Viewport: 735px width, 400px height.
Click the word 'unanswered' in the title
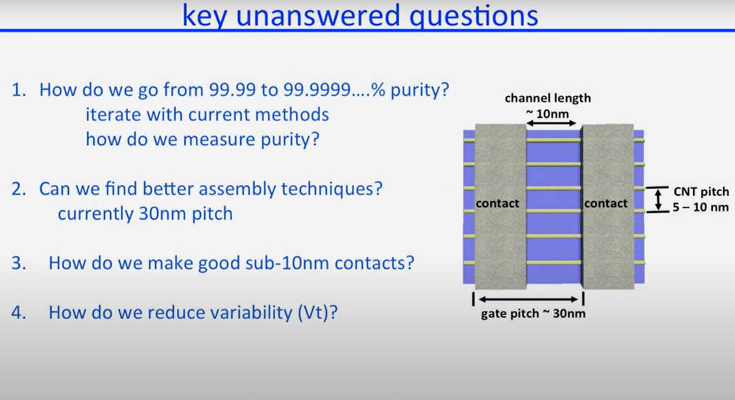(318, 15)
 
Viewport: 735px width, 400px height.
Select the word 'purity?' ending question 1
(419, 90)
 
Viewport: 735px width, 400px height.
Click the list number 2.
(19, 188)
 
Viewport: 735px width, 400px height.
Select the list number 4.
(19, 312)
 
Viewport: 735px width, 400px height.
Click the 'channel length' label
(547, 99)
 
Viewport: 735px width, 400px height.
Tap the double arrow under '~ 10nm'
(551, 123)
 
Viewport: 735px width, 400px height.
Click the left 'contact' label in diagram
(497, 203)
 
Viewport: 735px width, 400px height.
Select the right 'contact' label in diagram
(606, 203)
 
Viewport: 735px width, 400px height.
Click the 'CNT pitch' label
(701, 192)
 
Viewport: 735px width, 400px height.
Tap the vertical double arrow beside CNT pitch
(659, 199)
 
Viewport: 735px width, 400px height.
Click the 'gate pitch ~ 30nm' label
(533, 314)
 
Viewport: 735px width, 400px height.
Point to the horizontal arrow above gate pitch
(528, 299)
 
